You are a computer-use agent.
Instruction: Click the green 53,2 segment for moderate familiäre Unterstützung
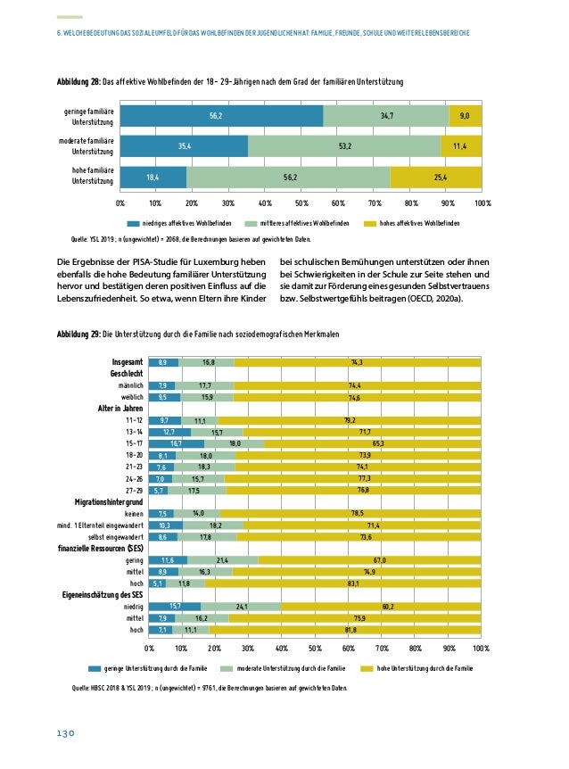point(344,146)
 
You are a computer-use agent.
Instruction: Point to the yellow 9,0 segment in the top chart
point(466,116)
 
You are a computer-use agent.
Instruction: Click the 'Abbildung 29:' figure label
point(78,334)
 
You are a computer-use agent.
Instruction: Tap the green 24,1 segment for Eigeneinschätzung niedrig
point(241,607)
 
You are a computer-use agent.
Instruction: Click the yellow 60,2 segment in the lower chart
point(381,607)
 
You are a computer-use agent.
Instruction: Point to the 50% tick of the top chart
point(301,203)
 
